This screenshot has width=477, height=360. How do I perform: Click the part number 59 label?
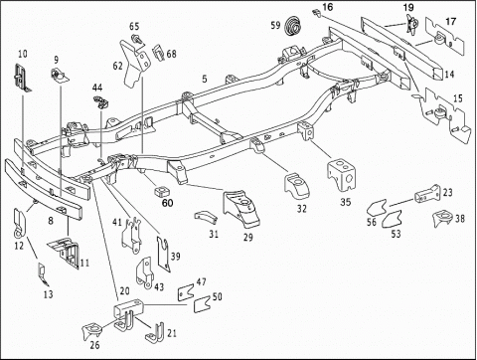coord(275,25)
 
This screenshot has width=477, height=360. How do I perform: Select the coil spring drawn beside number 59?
coord(292,25)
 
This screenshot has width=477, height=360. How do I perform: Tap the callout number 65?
coord(134,26)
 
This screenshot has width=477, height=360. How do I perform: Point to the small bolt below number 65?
coord(137,39)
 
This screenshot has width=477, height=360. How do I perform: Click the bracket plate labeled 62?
coord(134,63)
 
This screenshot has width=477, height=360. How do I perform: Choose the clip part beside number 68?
coord(158,53)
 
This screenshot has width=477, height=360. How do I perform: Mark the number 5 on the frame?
coord(205,79)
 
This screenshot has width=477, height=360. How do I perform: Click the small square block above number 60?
coord(162,191)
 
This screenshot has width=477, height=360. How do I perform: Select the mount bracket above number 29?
coord(241,208)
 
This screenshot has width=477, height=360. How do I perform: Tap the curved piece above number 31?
coord(205,216)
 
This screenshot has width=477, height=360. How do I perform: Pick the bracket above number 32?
coord(296,186)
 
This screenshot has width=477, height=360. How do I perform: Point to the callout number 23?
coord(447,193)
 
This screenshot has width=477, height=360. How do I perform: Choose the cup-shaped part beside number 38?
coord(442,218)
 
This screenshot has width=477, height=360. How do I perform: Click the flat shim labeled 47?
coord(186,292)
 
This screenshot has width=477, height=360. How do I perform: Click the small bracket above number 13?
coord(43,274)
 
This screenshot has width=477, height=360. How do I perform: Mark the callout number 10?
coord(22,54)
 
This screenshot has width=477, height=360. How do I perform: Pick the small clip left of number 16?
coord(316,13)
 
